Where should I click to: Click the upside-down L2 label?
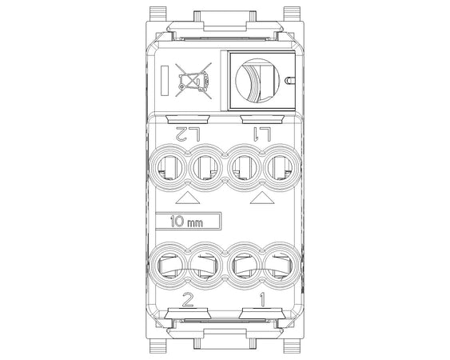pos(189,134)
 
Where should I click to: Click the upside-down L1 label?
pos(261,134)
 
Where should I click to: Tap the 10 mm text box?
pos(189,222)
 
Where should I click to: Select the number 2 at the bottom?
pos(188,300)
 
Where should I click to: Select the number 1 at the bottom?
pos(262,300)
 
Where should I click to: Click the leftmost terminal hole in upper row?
pos(169,167)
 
